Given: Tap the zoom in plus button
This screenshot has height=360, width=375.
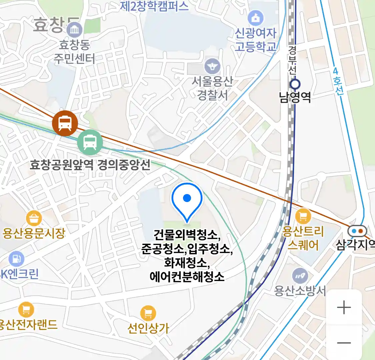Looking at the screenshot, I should coord(344,307).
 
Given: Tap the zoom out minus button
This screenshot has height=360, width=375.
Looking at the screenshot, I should coord(344,343).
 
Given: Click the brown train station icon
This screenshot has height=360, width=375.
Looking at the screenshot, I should coord(65,123).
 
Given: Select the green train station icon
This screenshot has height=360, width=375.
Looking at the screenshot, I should coord(90,142).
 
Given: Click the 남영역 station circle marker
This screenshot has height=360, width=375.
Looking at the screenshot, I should coord(295,84).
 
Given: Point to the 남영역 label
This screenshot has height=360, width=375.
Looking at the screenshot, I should coord(295,97).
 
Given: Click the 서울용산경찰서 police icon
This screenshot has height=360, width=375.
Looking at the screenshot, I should coord(212,66).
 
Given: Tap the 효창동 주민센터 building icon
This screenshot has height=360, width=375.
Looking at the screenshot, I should coord(74,30).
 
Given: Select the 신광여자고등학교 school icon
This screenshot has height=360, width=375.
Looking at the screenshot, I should coord(255,19).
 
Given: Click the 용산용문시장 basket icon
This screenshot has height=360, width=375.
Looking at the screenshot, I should coord(34,219).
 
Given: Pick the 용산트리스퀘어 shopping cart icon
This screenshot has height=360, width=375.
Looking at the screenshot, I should coord(303,217).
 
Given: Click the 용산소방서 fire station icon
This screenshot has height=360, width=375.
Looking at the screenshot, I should coord(300,276).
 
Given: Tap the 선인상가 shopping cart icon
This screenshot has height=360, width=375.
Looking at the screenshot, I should coord(148,313).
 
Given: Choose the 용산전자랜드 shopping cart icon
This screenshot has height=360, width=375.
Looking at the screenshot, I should coord(26,310).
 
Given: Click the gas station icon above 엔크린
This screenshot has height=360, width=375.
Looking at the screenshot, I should coord(16,259).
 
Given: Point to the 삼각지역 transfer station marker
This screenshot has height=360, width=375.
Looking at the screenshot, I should coord(357,231).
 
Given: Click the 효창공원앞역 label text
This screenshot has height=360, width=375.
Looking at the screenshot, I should coord(62,164).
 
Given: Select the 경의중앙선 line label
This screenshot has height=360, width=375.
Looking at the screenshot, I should coord(124,164).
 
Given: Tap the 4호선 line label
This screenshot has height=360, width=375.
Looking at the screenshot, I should coord(337,82).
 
